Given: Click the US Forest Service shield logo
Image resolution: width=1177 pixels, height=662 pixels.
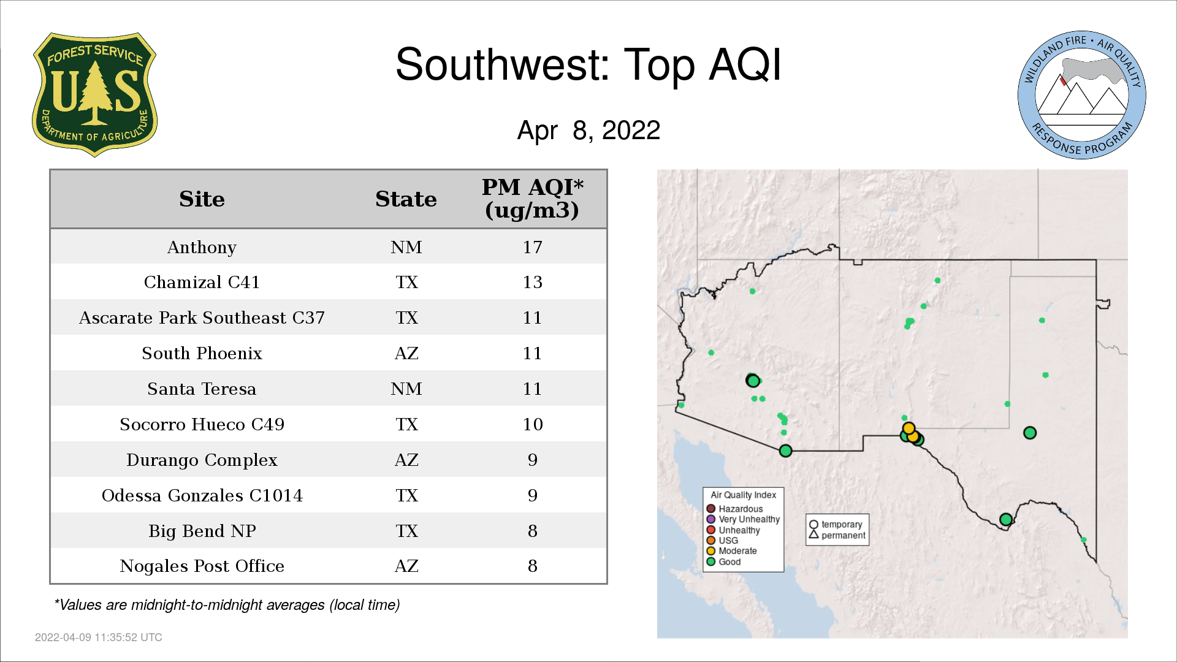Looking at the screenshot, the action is click(94, 95).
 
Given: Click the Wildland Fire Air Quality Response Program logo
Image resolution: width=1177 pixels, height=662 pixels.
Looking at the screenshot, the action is click(1082, 95).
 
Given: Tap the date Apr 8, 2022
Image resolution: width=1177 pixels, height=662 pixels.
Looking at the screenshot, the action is click(588, 131).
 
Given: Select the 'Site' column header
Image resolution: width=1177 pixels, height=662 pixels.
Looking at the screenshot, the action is click(202, 199).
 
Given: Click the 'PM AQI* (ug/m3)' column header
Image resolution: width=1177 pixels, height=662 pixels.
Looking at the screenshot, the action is click(532, 199).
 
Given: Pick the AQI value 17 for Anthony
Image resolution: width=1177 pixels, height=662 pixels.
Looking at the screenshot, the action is click(532, 247).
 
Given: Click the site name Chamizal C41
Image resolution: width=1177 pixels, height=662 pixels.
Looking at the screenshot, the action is click(202, 282).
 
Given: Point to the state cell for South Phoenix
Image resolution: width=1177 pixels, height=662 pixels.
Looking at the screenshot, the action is click(406, 354).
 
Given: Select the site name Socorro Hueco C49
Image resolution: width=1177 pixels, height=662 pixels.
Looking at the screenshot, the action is click(202, 424).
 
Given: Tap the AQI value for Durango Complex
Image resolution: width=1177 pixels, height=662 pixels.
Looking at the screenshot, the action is click(532, 460).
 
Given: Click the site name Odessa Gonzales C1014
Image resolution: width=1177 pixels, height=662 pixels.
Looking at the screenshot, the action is click(202, 495).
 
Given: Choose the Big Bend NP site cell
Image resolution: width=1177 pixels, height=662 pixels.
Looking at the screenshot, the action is click(202, 531).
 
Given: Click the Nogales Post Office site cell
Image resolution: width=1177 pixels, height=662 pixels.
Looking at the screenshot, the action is click(202, 566).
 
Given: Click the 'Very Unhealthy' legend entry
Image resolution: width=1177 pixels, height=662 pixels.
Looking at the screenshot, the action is click(743, 519).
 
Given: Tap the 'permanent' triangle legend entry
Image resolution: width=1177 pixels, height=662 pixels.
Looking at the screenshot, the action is click(837, 535).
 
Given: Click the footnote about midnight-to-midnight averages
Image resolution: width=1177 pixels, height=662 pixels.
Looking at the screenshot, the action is click(227, 605).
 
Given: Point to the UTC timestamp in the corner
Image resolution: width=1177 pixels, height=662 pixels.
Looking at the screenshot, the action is click(99, 637).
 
